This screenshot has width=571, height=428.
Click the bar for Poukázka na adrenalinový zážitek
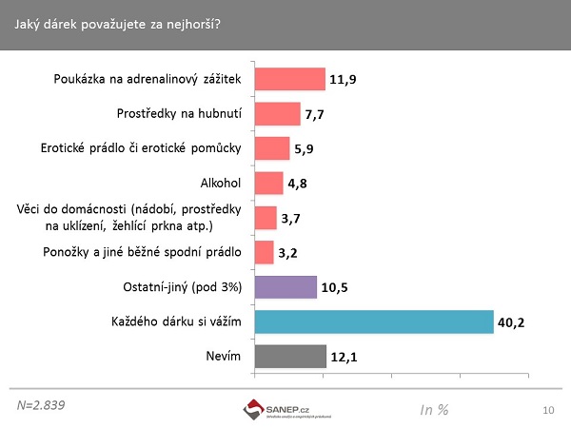[289, 79]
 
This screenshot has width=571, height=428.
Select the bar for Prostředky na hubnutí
[277, 114]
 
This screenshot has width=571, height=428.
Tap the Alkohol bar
[268, 183]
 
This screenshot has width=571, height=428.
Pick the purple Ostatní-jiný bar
[285, 286]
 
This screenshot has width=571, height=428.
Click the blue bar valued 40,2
[373, 321]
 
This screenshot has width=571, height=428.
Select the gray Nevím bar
[290, 356]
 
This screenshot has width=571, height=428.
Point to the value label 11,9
[343, 80]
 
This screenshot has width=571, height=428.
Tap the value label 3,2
[288, 253]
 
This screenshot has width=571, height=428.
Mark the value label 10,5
[334, 287]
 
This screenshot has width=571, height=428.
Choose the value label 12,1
[344, 357]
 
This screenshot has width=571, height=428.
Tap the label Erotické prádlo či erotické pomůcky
[142, 148]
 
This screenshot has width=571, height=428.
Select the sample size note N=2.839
[41, 404]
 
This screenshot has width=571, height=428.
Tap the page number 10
[547, 410]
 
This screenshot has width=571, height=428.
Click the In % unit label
[434, 409]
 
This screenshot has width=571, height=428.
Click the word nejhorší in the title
[190, 23]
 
